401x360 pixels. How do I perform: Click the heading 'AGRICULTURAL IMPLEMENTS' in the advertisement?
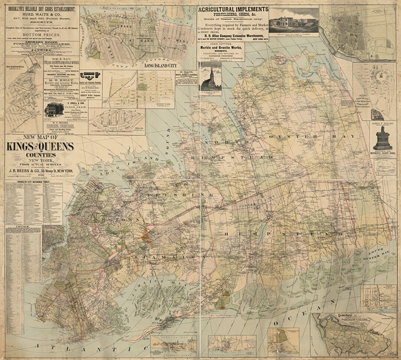(x=233, y=10)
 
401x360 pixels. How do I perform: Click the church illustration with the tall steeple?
(x=210, y=79)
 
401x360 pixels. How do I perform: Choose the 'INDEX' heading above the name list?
(x=23, y=227)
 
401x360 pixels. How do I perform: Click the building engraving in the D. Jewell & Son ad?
(x=54, y=109)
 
